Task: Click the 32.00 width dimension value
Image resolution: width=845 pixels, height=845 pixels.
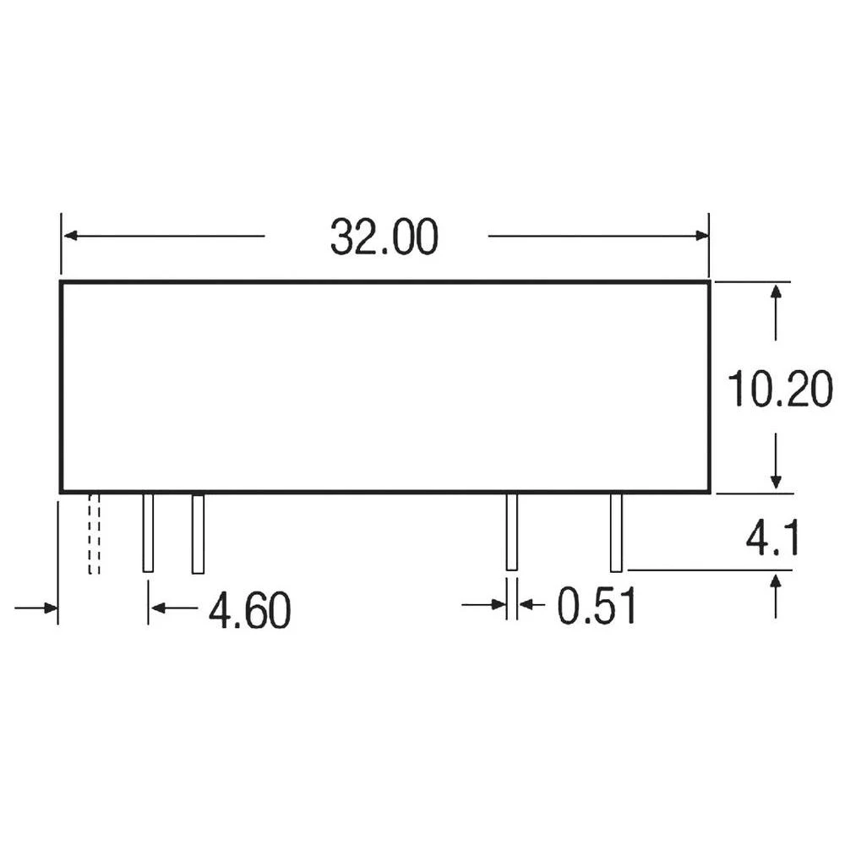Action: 384,237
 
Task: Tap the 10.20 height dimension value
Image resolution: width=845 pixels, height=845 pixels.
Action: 780,391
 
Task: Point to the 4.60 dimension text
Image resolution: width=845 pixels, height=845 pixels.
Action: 249,610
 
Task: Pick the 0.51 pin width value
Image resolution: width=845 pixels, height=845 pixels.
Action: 597,607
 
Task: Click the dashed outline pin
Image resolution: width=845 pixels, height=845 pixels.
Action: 94,534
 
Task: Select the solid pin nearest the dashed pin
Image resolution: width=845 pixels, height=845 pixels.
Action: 148,533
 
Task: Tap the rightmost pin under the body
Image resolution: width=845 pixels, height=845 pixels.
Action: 616,533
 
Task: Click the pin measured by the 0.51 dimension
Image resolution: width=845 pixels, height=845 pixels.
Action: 510,533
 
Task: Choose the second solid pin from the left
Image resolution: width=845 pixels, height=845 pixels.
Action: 198,533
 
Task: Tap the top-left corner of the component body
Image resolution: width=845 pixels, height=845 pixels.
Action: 61,282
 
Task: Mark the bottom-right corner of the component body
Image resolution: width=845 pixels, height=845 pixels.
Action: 709,491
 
